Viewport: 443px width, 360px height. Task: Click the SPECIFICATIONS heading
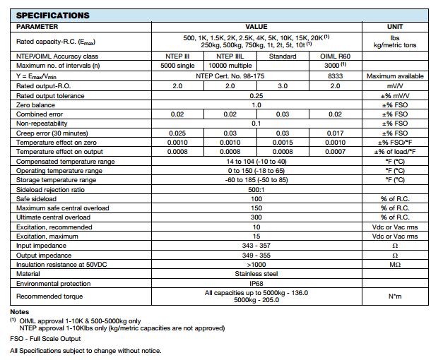point(52,15)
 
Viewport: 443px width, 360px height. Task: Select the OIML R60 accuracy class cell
point(335,56)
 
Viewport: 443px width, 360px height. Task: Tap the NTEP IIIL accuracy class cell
point(230,56)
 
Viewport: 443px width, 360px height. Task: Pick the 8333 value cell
point(335,76)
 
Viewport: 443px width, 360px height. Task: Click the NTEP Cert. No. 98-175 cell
point(230,76)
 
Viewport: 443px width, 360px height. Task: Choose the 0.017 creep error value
point(335,133)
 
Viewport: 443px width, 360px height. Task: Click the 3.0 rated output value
point(283,85)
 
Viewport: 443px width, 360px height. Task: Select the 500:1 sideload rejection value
point(256,190)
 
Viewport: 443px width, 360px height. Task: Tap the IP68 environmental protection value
point(256,283)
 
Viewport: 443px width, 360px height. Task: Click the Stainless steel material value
point(256,273)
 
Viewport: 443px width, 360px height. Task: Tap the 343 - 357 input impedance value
point(256,246)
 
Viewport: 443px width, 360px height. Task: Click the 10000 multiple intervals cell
point(230,66)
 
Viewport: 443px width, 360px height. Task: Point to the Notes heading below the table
point(20,311)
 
